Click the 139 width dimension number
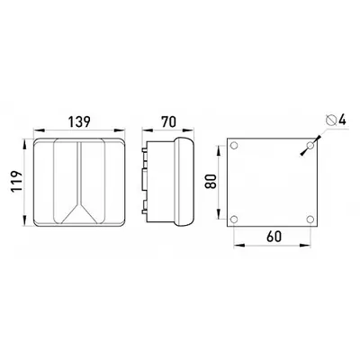pyautogui.click(x=79, y=122)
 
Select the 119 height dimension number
pyautogui.click(x=16, y=182)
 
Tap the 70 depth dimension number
pyautogui.click(x=168, y=122)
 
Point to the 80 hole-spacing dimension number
pyautogui.click(x=211, y=181)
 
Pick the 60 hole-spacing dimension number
pyautogui.click(x=274, y=237)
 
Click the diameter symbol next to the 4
pyautogui.click(x=330, y=121)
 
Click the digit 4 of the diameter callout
pyautogui.click(x=342, y=120)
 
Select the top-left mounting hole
pyautogui.click(x=234, y=146)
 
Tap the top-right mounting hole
pyautogui.click(x=310, y=146)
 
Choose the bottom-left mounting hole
pyautogui.click(x=234, y=220)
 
